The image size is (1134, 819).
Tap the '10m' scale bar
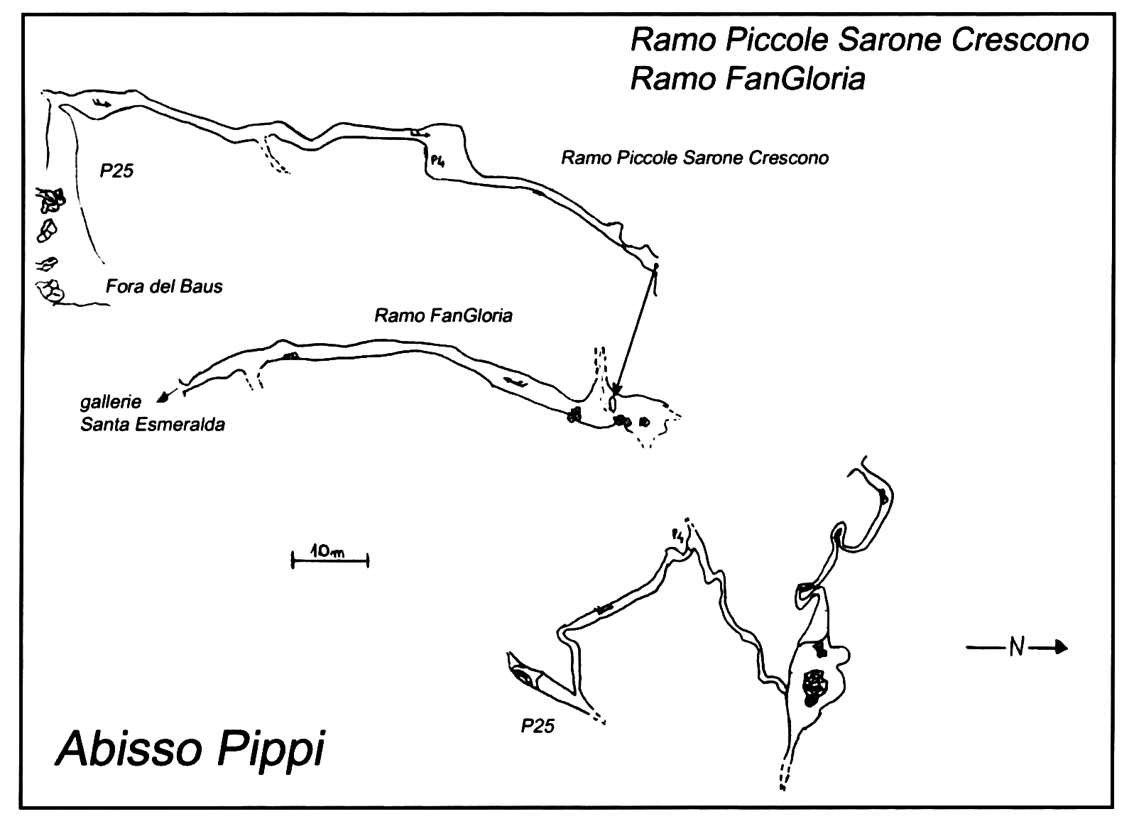point(330,560)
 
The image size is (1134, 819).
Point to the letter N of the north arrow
point(1017,647)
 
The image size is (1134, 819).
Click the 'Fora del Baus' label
point(164,287)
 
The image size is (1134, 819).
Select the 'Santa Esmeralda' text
point(153,424)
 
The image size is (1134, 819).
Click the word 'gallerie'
point(111,402)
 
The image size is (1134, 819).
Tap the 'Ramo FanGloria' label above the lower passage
point(444,316)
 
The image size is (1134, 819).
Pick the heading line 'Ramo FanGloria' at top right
point(748,80)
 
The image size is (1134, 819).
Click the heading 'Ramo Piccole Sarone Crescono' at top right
point(860,40)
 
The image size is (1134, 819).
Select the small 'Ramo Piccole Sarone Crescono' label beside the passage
point(695,158)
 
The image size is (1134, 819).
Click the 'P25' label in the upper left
point(116,170)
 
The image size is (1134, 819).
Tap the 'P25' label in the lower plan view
point(538,727)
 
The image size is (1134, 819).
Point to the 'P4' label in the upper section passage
point(437,161)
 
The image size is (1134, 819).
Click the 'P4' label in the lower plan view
point(678,535)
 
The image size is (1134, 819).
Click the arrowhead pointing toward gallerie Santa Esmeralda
point(162,398)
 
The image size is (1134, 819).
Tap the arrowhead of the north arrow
point(1061,647)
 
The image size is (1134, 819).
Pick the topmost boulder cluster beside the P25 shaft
point(50,200)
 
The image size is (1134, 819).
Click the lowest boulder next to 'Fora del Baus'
point(50,291)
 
